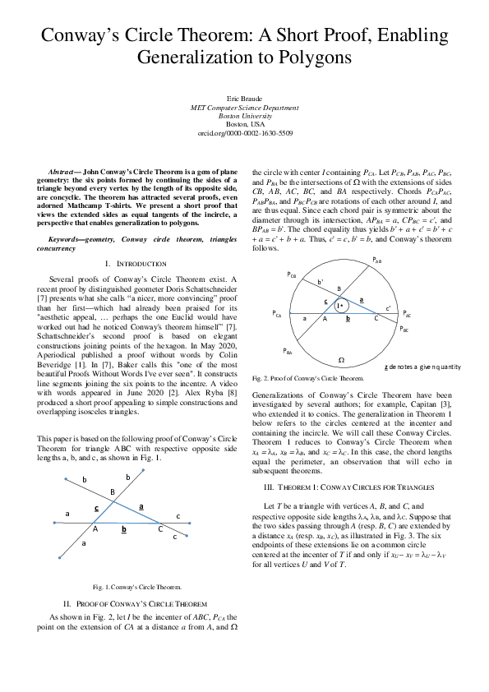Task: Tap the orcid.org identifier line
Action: [244, 132]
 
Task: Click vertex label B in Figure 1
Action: [112, 492]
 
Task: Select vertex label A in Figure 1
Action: [96, 530]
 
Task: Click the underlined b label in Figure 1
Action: [123, 530]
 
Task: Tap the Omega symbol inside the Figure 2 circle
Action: [341, 359]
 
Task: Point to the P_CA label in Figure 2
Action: [276, 314]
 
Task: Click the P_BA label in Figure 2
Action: [288, 352]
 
